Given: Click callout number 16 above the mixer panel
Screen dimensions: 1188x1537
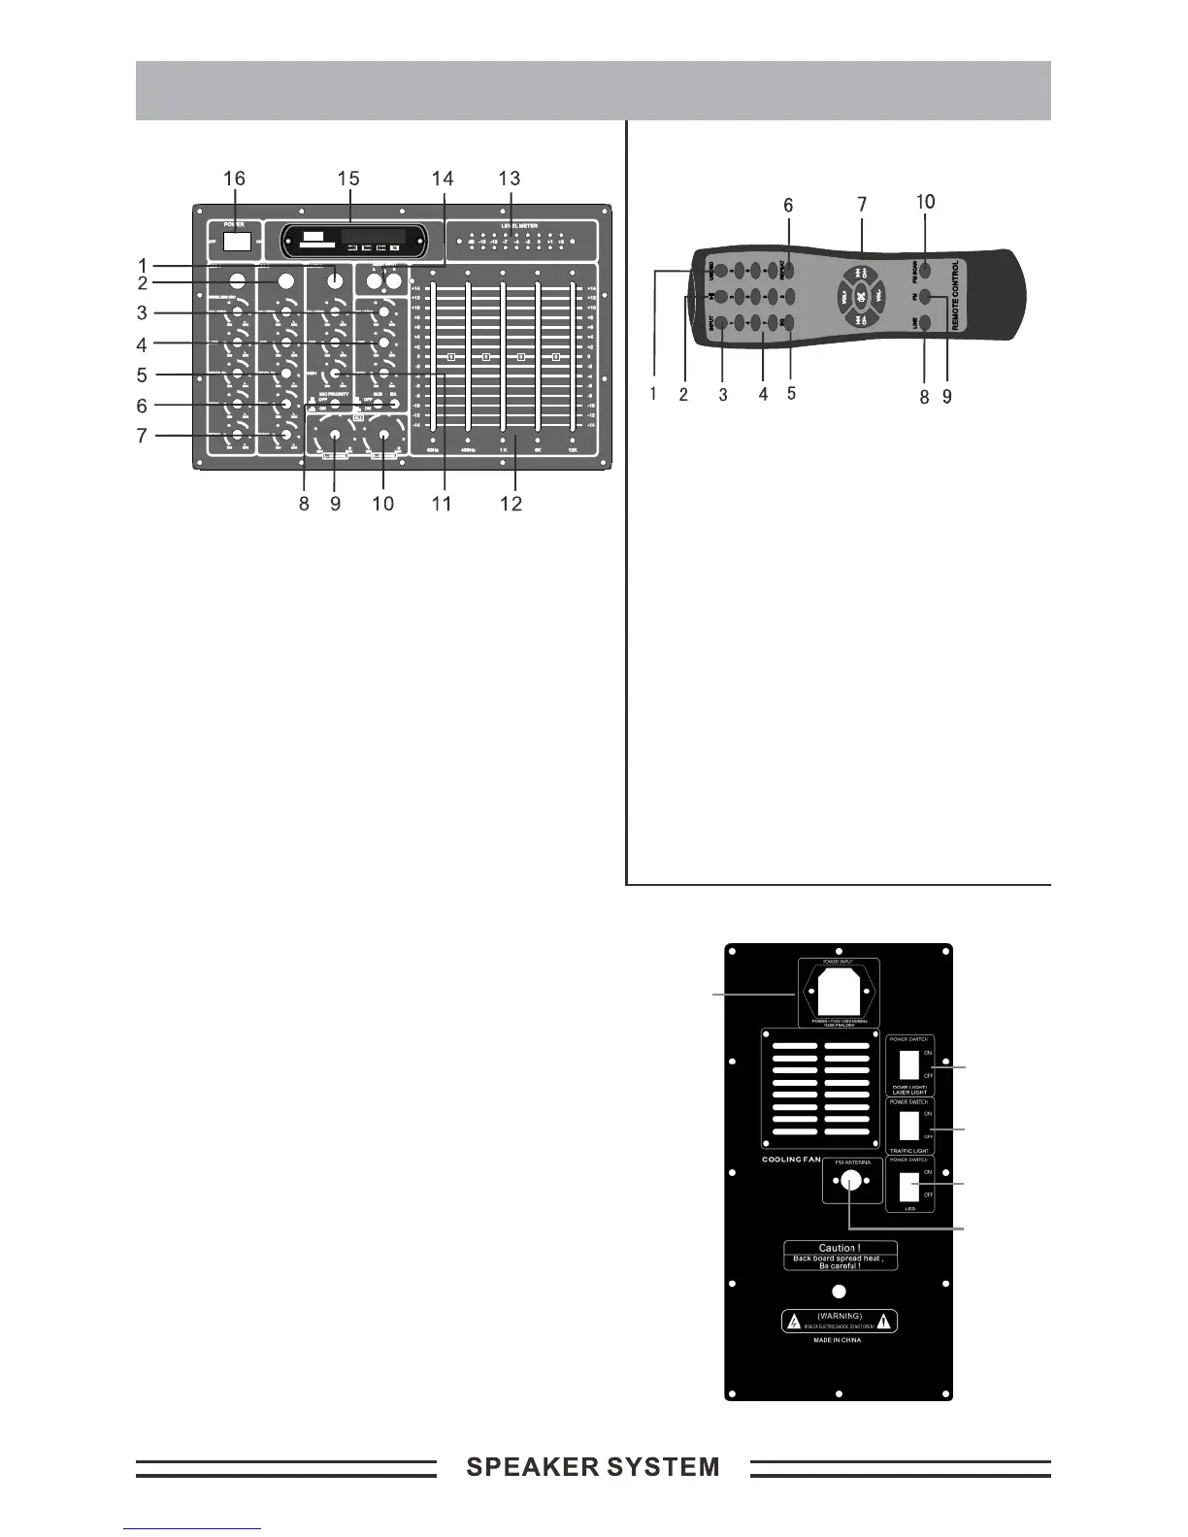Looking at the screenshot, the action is [234, 179].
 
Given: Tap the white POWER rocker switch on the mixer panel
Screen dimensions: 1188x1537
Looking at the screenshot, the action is [238, 242].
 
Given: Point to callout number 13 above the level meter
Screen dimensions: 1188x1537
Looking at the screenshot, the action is [509, 179].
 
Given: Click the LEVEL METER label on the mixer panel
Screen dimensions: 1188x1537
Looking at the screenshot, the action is [519, 225].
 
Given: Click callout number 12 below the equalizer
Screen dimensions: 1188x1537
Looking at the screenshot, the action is [511, 504].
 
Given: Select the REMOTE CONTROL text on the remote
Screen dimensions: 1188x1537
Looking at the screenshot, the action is [956, 296].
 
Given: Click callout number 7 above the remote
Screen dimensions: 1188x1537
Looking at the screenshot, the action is [862, 205].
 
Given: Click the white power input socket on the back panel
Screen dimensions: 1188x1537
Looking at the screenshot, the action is [839, 992].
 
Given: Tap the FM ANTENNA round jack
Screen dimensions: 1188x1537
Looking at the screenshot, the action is [850, 1182].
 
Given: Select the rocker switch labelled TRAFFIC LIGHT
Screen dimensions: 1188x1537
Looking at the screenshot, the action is [909, 1126].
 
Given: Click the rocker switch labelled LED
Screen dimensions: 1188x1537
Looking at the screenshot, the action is [909, 1186].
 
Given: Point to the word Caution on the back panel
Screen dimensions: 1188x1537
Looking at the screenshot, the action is [840, 1248].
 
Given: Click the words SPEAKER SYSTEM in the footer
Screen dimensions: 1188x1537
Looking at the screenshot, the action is [593, 1467].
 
